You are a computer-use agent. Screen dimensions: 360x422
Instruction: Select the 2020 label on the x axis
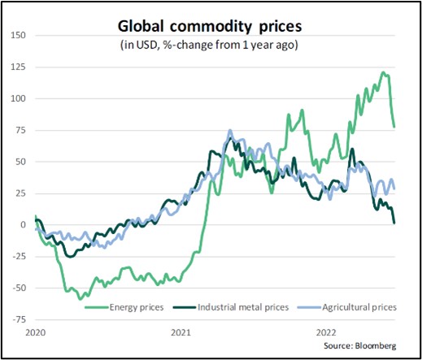pyautogui.click(x=35, y=333)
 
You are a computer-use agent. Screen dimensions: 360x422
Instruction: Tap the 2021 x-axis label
pyautogui.click(x=181, y=333)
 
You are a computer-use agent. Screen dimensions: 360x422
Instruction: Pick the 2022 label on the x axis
pyautogui.click(x=327, y=333)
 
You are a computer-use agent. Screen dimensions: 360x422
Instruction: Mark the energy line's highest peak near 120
pyautogui.click(x=383, y=73)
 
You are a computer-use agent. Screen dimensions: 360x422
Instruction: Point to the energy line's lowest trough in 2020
pyautogui.click(x=80, y=299)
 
